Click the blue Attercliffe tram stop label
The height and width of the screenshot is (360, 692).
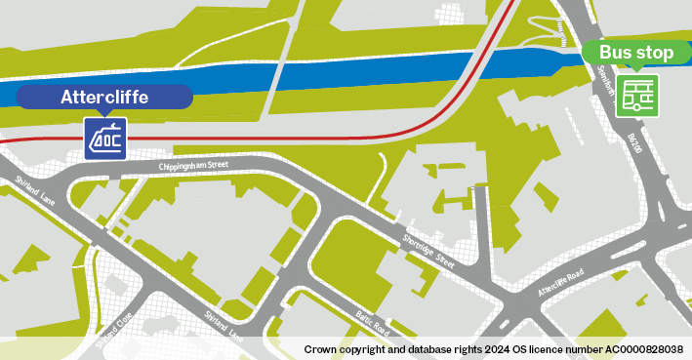tap(104, 97)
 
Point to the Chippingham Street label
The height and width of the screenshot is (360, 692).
tap(193, 167)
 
